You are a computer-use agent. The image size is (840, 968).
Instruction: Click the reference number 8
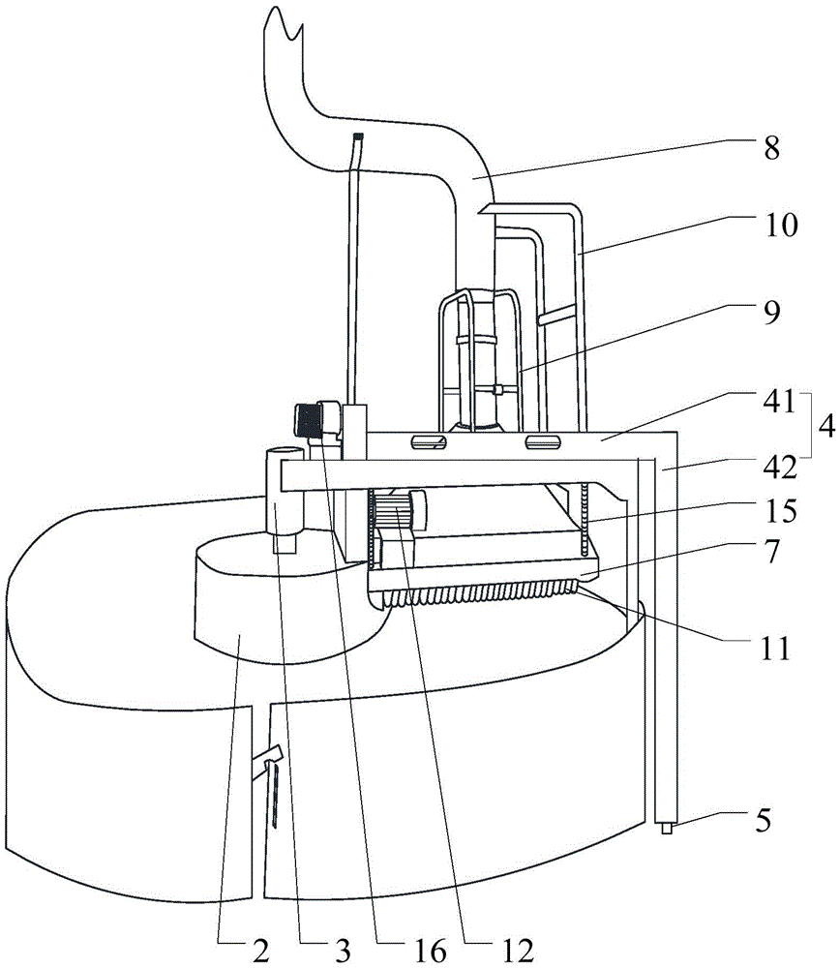(x=771, y=148)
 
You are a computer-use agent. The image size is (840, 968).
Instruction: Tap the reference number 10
(x=781, y=226)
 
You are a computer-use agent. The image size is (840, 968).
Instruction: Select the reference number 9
(x=771, y=313)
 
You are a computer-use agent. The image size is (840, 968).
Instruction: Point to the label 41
(x=779, y=402)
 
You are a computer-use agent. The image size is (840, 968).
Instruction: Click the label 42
(x=780, y=469)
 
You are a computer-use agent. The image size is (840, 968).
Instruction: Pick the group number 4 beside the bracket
(x=826, y=426)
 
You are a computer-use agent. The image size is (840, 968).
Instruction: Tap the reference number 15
(x=780, y=510)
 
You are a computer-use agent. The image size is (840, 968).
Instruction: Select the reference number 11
(x=775, y=649)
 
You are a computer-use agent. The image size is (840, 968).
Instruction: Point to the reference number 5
(x=764, y=821)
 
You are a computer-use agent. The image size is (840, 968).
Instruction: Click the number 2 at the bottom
(x=261, y=952)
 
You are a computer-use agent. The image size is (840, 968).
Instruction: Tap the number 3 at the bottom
(x=344, y=952)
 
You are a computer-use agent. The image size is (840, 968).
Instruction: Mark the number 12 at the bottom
(x=517, y=952)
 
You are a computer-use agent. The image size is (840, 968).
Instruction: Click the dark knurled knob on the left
(x=308, y=420)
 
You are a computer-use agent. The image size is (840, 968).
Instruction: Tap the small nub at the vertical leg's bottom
(x=667, y=829)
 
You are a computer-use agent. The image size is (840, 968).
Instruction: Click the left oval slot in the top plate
(x=428, y=441)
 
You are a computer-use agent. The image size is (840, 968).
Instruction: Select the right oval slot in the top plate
(x=543, y=441)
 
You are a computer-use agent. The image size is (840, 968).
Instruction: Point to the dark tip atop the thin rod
(x=358, y=136)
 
